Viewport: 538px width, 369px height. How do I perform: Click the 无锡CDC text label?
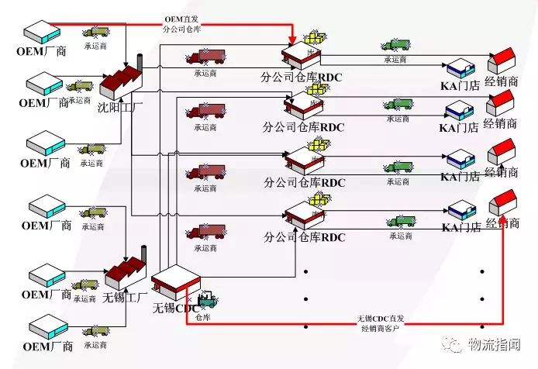coord(177,307)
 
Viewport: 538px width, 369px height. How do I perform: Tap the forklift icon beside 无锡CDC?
coord(207,298)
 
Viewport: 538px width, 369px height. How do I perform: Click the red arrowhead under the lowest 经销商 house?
coord(503,223)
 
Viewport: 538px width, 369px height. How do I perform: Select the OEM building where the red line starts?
coord(37,32)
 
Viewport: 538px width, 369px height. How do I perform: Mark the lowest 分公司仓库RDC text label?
coord(304,236)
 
